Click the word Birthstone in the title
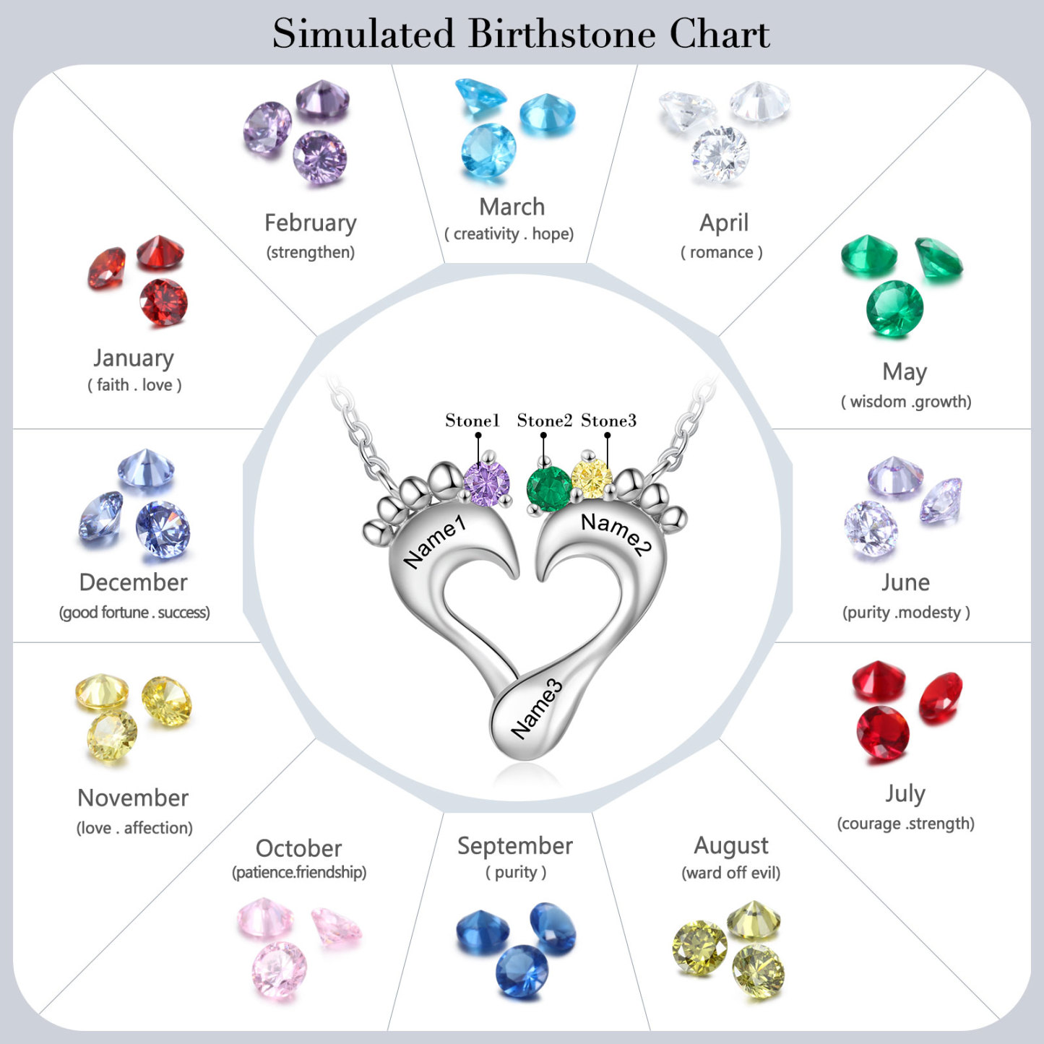pos(562,33)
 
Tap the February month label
pos(311,223)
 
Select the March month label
pos(512,207)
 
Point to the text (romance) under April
pos(722,252)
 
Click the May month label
pos(905,372)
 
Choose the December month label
pos(133,582)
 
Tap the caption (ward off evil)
pos(731,873)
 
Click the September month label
pos(514,846)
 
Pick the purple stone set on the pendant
pos(486,484)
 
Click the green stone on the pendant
pos(549,489)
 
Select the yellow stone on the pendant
pos(592,478)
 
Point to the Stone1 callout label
pos(472,420)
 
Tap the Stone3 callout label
pos(608,420)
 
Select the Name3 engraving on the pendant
pos(536,709)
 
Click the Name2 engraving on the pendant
pos(616,534)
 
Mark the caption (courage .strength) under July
pos(905,824)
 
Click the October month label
pos(298,848)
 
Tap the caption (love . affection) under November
pos(134,828)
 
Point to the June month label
pos(905,582)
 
